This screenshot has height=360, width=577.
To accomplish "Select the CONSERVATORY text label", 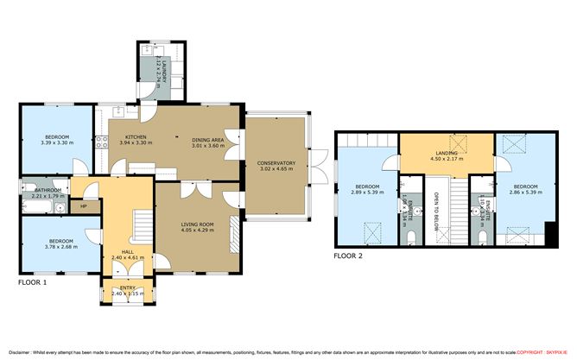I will click(x=276, y=163).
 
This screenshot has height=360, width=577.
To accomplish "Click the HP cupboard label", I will click(x=84, y=206).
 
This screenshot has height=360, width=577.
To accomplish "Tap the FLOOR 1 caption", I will click(x=33, y=282).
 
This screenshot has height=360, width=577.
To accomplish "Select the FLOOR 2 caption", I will click(x=350, y=256).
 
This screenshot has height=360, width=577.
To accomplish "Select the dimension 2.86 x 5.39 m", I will click(x=525, y=193).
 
